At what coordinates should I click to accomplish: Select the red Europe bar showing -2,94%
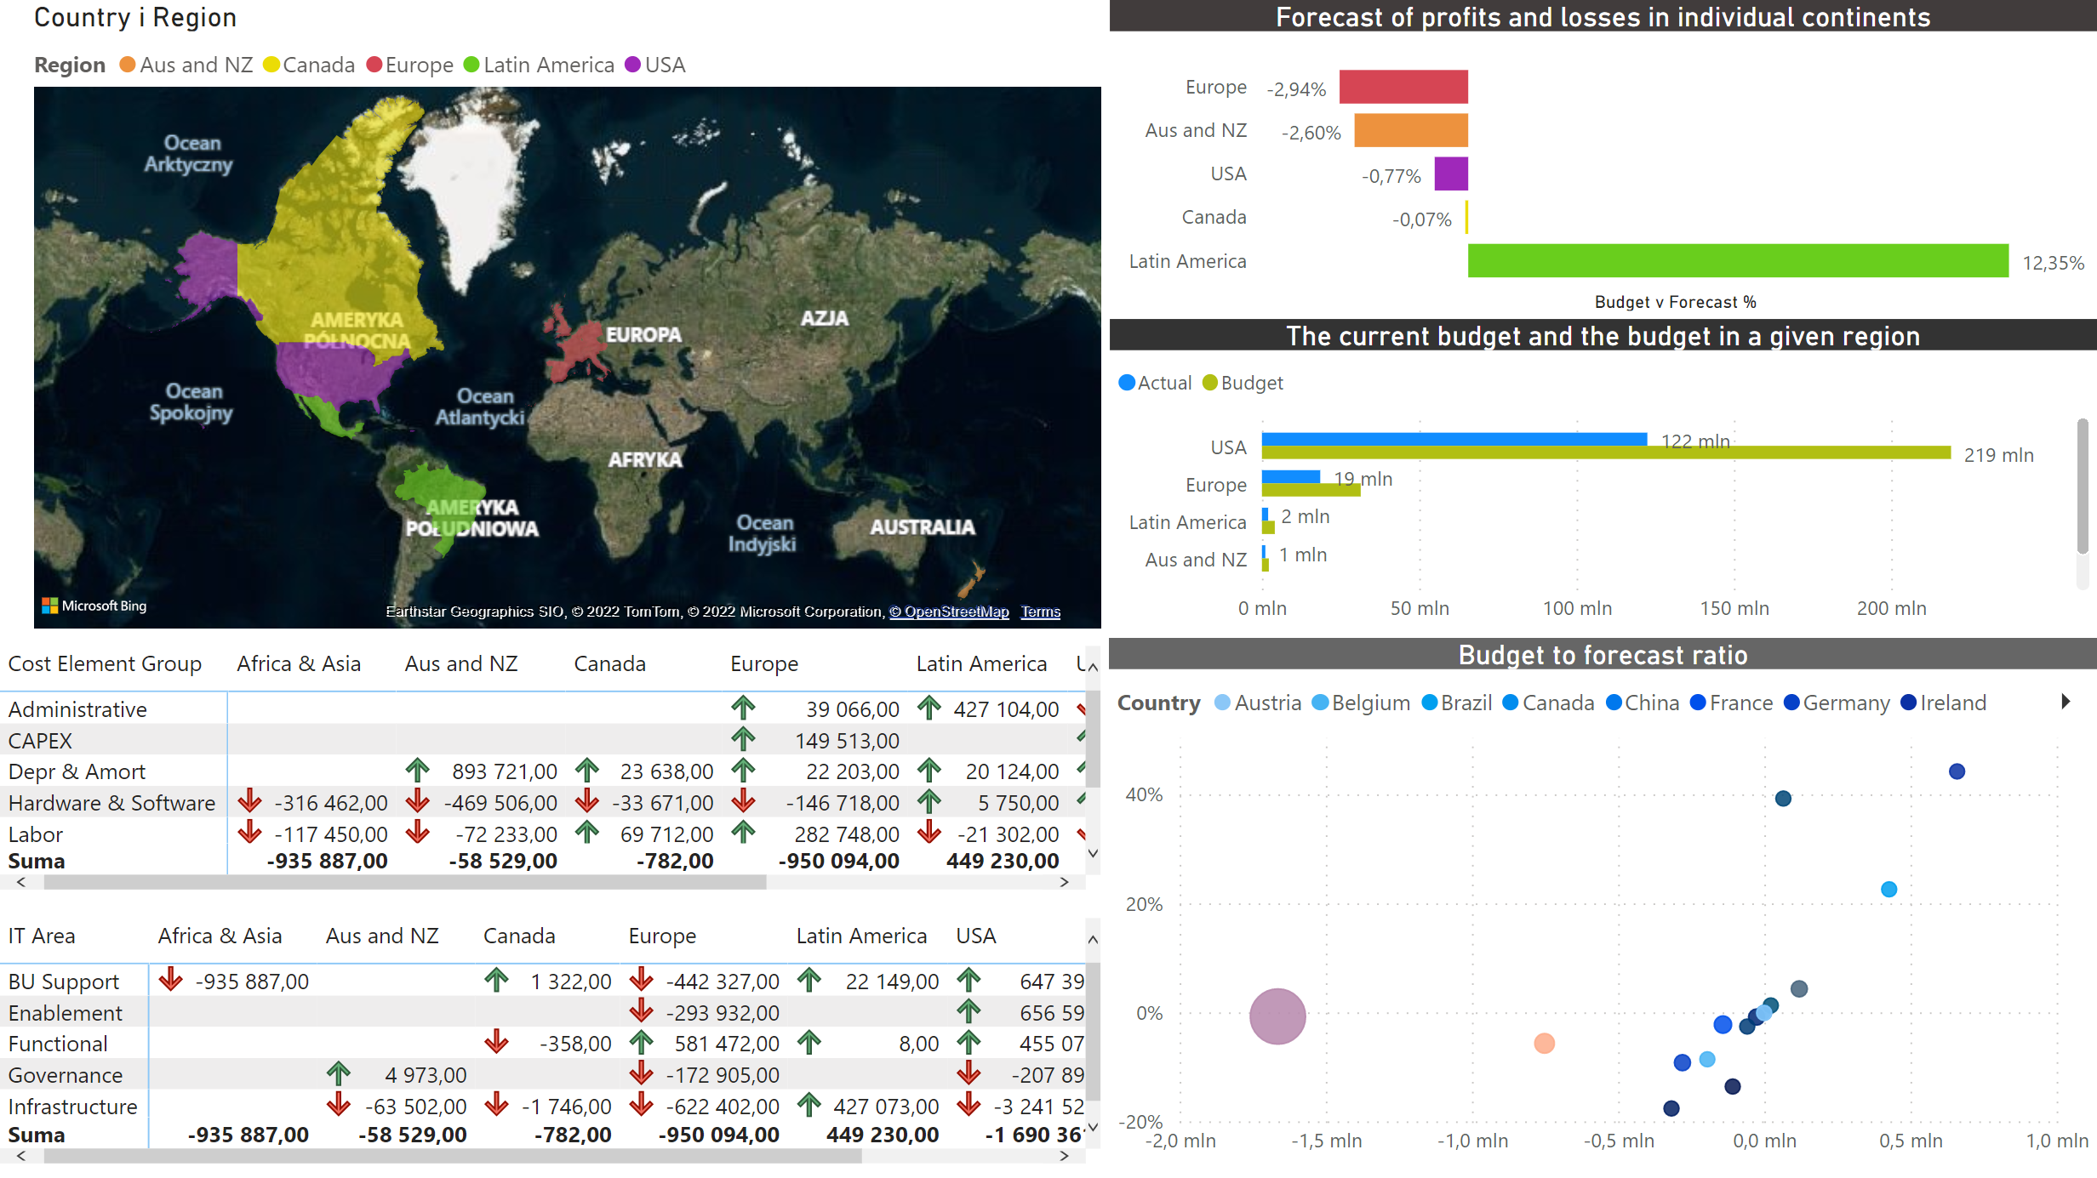[x=1403, y=87]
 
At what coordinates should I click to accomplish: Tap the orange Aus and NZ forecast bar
[x=1410, y=130]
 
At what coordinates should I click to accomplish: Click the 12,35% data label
[x=2052, y=263]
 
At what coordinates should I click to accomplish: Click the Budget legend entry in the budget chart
[x=1243, y=383]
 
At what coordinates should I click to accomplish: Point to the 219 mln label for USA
[x=1997, y=455]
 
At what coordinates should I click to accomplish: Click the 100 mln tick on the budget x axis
[x=1576, y=608]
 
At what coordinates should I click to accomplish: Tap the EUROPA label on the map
[x=643, y=334]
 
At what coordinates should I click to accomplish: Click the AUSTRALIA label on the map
[x=922, y=527]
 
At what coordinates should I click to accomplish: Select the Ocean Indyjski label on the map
[x=764, y=533]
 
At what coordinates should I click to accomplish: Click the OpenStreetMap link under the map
[x=949, y=612]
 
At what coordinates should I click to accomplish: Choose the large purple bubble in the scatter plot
[x=1277, y=1016]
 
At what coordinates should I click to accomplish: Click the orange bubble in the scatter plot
[x=1544, y=1043]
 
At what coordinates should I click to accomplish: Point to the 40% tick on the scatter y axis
[x=1144, y=794]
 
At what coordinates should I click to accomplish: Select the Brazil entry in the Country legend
[x=1457, y=703]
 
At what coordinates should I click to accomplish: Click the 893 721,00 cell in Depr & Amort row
[x=504, y=771]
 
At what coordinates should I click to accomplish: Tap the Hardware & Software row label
[x=111, y=803]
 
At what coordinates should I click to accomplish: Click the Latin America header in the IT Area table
[x=860, y=936]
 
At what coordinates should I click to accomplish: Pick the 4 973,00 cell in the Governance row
[x=425, y=1075]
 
